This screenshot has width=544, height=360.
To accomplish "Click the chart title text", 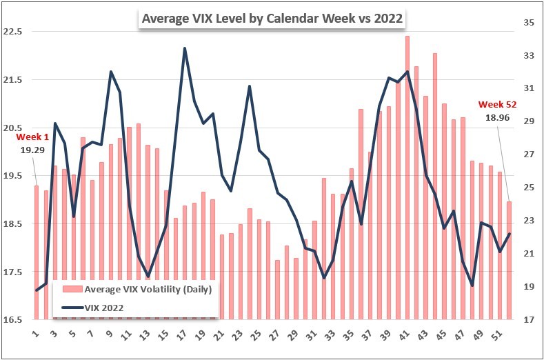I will click(272, 18).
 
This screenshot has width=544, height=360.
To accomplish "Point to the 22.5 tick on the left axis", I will click(13, 32).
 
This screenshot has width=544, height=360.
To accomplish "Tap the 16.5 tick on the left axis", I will click(13, 320).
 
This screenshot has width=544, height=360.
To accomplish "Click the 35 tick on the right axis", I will click(530, 23).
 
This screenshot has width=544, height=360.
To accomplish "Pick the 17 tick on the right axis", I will click(530, 320).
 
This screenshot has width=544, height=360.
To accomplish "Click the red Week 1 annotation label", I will click(27, 137).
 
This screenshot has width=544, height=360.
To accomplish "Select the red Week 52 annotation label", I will click(497, 105).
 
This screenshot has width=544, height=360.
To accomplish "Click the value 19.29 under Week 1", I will click(27, 149).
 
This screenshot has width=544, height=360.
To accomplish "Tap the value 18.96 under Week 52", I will click(497, 118).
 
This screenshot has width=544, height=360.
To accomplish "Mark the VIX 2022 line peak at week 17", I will click(185, 48).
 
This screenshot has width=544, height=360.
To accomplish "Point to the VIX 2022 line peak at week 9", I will click(111, 71).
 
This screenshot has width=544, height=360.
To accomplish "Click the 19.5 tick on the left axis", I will click(13, 176).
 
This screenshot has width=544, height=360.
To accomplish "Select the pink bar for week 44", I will click(435, 186).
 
